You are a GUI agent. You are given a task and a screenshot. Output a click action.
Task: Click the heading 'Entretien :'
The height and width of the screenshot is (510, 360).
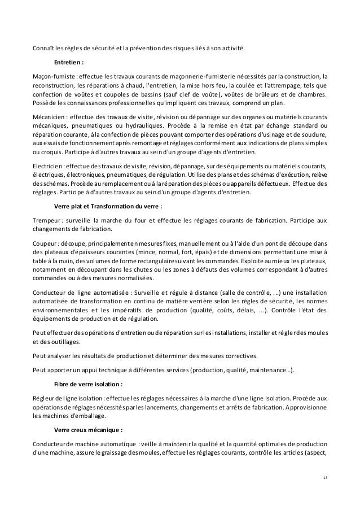[68, 63]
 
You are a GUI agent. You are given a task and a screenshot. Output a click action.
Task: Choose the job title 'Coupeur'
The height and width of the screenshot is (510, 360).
[45, 244]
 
